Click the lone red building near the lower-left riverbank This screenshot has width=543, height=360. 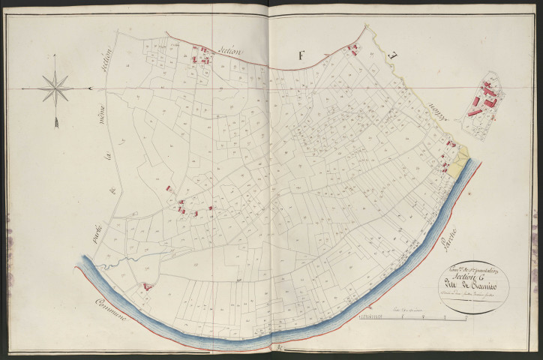coord(147,286)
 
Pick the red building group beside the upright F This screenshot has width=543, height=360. coord(352,49)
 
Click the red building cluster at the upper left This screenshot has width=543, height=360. coord(201,55)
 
